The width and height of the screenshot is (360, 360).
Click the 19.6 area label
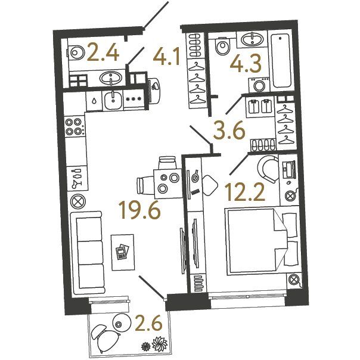140,209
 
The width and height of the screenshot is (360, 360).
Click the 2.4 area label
103,53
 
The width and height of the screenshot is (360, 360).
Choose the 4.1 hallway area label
167,57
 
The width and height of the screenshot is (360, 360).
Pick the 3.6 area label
229,131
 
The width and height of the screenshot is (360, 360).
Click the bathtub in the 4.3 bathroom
281,60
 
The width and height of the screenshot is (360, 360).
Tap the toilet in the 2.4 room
75,52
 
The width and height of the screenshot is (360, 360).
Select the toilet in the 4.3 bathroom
222,46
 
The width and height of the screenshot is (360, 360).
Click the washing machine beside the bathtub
259,85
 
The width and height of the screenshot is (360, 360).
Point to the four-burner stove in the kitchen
73,126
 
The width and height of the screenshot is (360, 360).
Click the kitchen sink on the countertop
113,100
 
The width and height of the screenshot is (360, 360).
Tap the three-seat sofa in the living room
88,253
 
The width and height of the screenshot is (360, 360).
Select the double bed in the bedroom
261,241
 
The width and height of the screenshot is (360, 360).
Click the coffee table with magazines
122,252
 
